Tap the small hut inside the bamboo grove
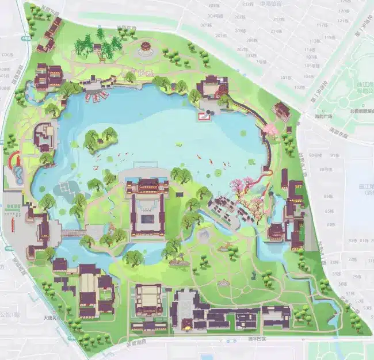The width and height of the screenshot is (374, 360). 107,50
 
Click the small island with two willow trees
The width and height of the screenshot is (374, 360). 100,139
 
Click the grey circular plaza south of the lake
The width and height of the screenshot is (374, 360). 204,235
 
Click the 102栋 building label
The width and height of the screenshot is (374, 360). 298,87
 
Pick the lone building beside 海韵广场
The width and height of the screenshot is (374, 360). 281,110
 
